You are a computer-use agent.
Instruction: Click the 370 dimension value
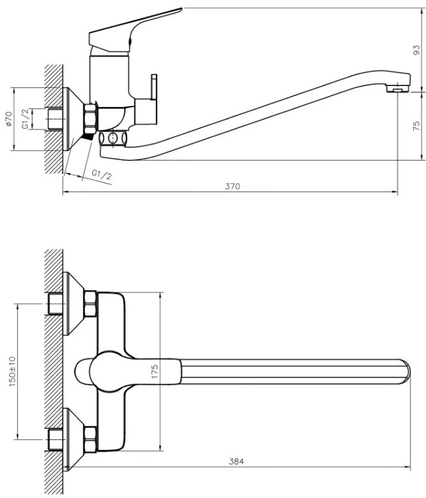[x=232, y=187]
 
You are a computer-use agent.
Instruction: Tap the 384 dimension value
[x=236, y=462]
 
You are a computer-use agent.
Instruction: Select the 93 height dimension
[x=416, y=50]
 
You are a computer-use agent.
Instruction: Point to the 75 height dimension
[x=416, y=125]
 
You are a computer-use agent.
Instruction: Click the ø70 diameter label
[x=9, y=118]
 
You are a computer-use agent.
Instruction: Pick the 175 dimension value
[x=155, y=371]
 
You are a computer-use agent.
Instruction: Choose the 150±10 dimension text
[x=12, y=371]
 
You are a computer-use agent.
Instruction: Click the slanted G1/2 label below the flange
[x=102, y=174]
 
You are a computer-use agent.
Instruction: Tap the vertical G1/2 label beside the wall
[x=25, y=118]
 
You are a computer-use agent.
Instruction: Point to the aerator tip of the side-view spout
[x=397, y=88]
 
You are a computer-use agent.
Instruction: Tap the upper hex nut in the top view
[x=90, y=304]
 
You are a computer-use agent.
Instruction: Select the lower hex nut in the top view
[x=90, y=440]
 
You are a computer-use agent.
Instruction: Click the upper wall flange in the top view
[x=73, y=303]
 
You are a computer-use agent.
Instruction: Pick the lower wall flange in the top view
[x=73, y=439]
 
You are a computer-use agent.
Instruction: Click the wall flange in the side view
[x=73, y=119]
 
